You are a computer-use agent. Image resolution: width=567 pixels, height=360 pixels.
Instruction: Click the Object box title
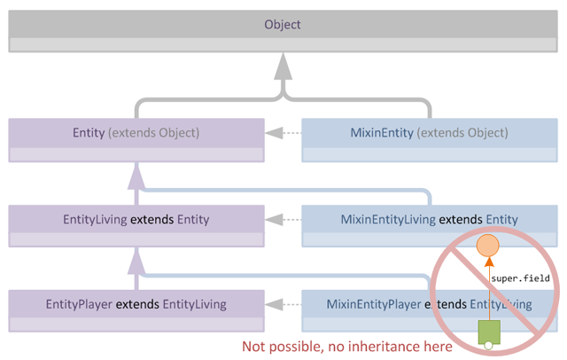(283, 25)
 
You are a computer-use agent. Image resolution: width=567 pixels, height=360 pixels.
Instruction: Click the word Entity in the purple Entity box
(89, 133)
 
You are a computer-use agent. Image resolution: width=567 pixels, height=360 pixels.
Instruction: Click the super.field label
(520, 278)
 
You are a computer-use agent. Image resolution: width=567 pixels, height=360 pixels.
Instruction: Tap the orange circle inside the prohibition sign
(487, 246)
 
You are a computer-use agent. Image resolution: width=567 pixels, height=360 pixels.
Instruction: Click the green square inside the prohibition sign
(488, 333)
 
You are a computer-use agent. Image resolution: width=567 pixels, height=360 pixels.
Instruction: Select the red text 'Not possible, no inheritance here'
(347, 346)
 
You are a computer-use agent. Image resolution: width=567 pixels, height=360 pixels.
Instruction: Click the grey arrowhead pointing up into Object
(283, 67)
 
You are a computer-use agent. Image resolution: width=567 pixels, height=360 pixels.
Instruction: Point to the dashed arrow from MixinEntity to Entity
(283, 134)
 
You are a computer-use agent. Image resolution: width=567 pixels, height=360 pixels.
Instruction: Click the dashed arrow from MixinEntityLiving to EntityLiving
(283, 219)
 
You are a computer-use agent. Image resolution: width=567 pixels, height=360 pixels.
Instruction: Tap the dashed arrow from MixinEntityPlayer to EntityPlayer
(283, 304)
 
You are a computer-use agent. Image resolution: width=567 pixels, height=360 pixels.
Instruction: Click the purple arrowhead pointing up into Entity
(136, 175)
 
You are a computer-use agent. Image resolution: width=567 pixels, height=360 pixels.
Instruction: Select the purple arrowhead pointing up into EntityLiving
(136, 259)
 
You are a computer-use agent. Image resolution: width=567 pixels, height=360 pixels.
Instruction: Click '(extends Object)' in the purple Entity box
(154, 133)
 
